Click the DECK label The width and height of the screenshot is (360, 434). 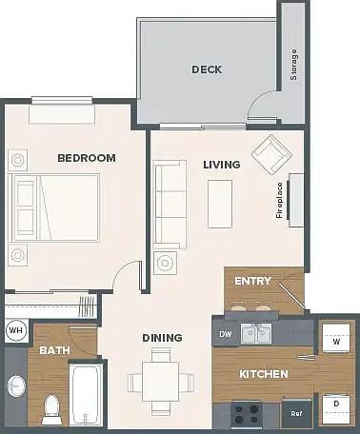pos(207,69)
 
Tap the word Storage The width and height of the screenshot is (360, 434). pos(294,65)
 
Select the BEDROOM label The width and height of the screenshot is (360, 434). pos(87,158)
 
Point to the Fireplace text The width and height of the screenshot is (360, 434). pos(279,200)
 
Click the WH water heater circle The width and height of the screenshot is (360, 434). pos(16,330)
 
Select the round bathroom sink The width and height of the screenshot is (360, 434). pos(16,385)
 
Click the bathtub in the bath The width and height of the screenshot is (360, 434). pos(86,395)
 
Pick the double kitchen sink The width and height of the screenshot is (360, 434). pos(256,334)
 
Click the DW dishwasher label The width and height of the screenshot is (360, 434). pos(226,334)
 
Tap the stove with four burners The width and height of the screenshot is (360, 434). pos(247,414)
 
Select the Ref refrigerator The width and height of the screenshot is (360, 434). pos(296,413)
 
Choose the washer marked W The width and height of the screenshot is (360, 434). pos(336,338)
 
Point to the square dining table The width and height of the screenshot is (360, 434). pos(161,382)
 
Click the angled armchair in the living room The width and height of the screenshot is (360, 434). pos(271,154)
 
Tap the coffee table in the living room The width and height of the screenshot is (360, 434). pos(220,205)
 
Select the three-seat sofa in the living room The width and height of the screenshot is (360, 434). pos(170,205)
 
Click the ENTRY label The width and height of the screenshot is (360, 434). pos(252,281)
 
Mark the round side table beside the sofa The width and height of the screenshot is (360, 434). pos(165,263)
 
